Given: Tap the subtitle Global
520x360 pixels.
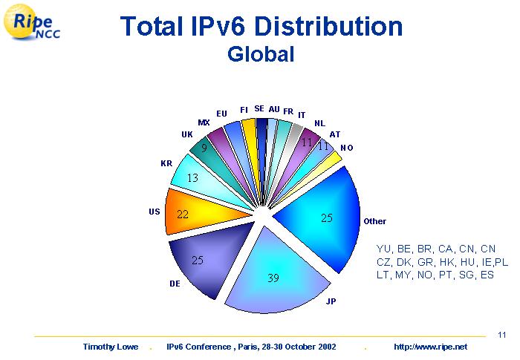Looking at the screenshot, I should (261, 54).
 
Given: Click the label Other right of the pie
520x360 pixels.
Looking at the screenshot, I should (374, 221).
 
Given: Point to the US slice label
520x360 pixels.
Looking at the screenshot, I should (155, 212).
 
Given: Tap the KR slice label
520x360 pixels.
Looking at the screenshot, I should (166, 163).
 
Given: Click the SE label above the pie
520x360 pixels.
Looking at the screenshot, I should (259, 108).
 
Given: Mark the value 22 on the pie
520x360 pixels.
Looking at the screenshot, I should (183, 214).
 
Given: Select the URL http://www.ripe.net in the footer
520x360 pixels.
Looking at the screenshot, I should (430, 347).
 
